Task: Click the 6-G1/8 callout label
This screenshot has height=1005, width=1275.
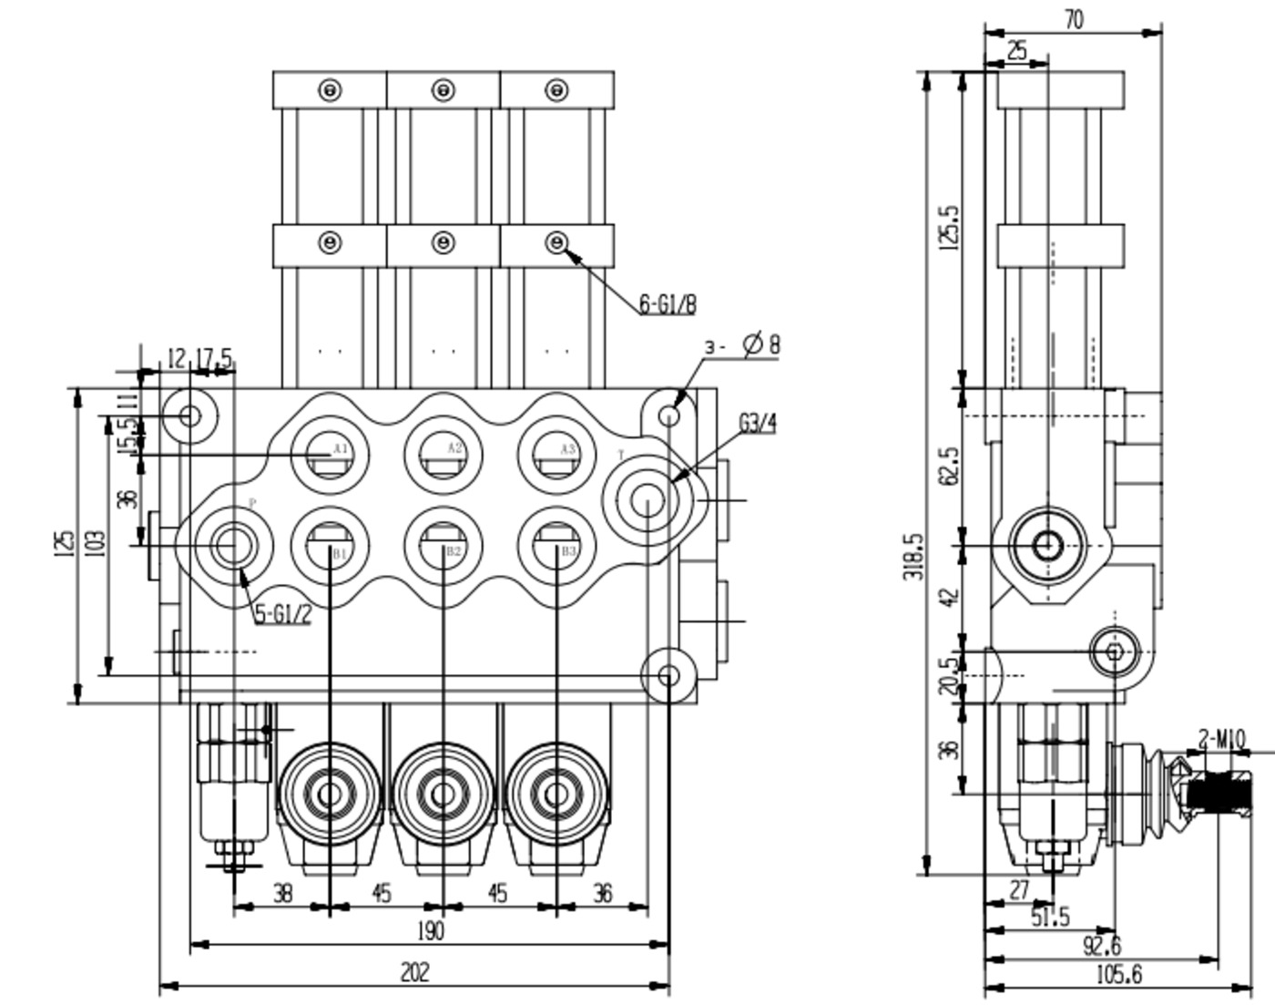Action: click(x=667, y=303)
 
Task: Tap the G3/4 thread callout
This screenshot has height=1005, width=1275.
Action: click(x=757, y=424)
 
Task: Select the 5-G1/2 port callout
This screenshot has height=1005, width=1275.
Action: click(x=282, y=614)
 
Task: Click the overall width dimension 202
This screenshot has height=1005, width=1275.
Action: click(x=414, y=972)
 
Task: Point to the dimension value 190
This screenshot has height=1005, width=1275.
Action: click(x=430, y=931)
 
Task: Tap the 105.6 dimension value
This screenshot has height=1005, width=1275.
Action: click(x=1117, y=975)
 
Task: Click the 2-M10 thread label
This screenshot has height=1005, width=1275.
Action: click(x=1220, y=739)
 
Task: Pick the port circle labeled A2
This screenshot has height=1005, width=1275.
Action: click(x=443, y=454)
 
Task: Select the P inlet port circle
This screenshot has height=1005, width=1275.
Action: click(x=234, y=545)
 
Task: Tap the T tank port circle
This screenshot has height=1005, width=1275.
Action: click(x=648, y=499)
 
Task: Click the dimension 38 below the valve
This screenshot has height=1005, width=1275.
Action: click(x=282, y=894)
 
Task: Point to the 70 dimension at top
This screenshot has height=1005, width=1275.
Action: click(x=1074, y=19)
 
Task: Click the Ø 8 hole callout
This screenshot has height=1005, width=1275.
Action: click(x=760, y=344)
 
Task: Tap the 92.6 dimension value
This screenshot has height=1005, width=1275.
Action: click(x=1101, y=946)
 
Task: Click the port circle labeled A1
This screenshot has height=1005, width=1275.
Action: click(x=330, y=454)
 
